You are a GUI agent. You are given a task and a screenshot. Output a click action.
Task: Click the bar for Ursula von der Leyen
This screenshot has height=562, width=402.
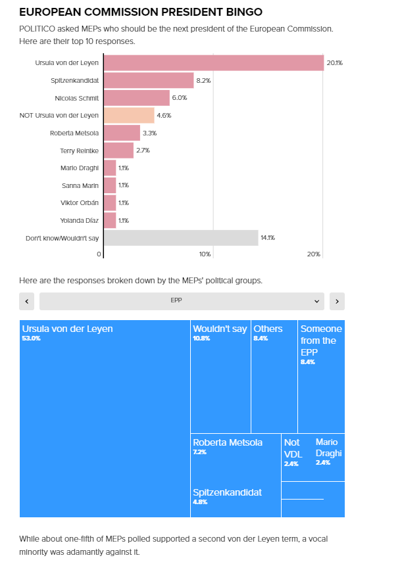tap(214, 63)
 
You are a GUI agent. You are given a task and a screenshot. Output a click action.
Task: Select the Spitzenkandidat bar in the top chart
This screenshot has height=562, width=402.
tap(149, 80)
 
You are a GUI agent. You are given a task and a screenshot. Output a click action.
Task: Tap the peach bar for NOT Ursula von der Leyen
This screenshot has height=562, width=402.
tap(129, 115)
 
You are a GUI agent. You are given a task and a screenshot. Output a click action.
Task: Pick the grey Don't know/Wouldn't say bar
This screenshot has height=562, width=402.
tap(181, 237)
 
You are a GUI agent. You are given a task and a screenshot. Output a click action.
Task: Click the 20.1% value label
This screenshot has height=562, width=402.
tap(335, 63)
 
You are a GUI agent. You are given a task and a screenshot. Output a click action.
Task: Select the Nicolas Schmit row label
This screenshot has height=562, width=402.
tap(77, 98)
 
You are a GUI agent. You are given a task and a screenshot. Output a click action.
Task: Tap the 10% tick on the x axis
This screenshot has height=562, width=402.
tap(205, 254)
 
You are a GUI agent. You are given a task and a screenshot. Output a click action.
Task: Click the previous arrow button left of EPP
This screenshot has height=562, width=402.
tap(27, 301)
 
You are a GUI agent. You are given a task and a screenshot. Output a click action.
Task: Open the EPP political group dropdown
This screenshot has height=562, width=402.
tap(181, 301)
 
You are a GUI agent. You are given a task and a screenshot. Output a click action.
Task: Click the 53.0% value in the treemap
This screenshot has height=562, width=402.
tap(31, 339)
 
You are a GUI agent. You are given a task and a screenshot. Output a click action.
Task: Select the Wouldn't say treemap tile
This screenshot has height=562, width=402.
tap(220, 378)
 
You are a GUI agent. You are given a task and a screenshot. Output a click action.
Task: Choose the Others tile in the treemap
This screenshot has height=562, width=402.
tap(274, 378)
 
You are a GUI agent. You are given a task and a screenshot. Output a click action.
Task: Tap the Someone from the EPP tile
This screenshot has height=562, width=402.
tap(321, 378)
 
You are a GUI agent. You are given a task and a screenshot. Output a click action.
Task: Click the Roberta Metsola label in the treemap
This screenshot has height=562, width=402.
tap(228, 442)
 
